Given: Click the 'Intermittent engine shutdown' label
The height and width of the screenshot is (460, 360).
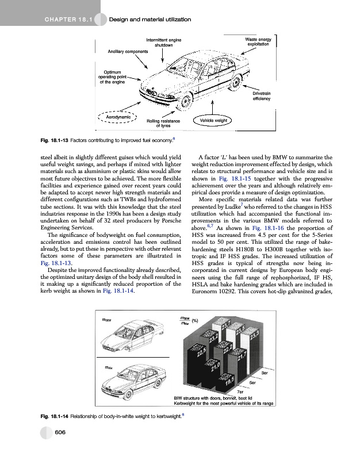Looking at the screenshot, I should (x=164, y=43).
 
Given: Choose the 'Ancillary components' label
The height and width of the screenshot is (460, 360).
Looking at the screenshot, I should (x=128, y=51).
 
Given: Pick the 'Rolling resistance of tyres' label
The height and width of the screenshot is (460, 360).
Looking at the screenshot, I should (x=163, y=124).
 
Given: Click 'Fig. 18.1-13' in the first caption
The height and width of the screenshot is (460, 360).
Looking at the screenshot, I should (x=52, y=140).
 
